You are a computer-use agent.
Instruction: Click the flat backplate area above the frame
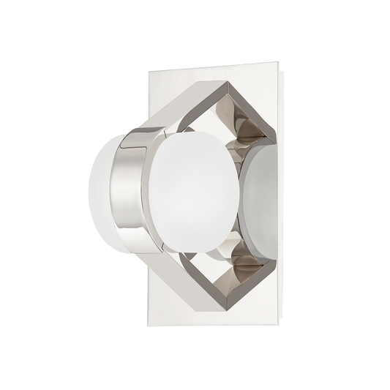[x=183, y=84]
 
